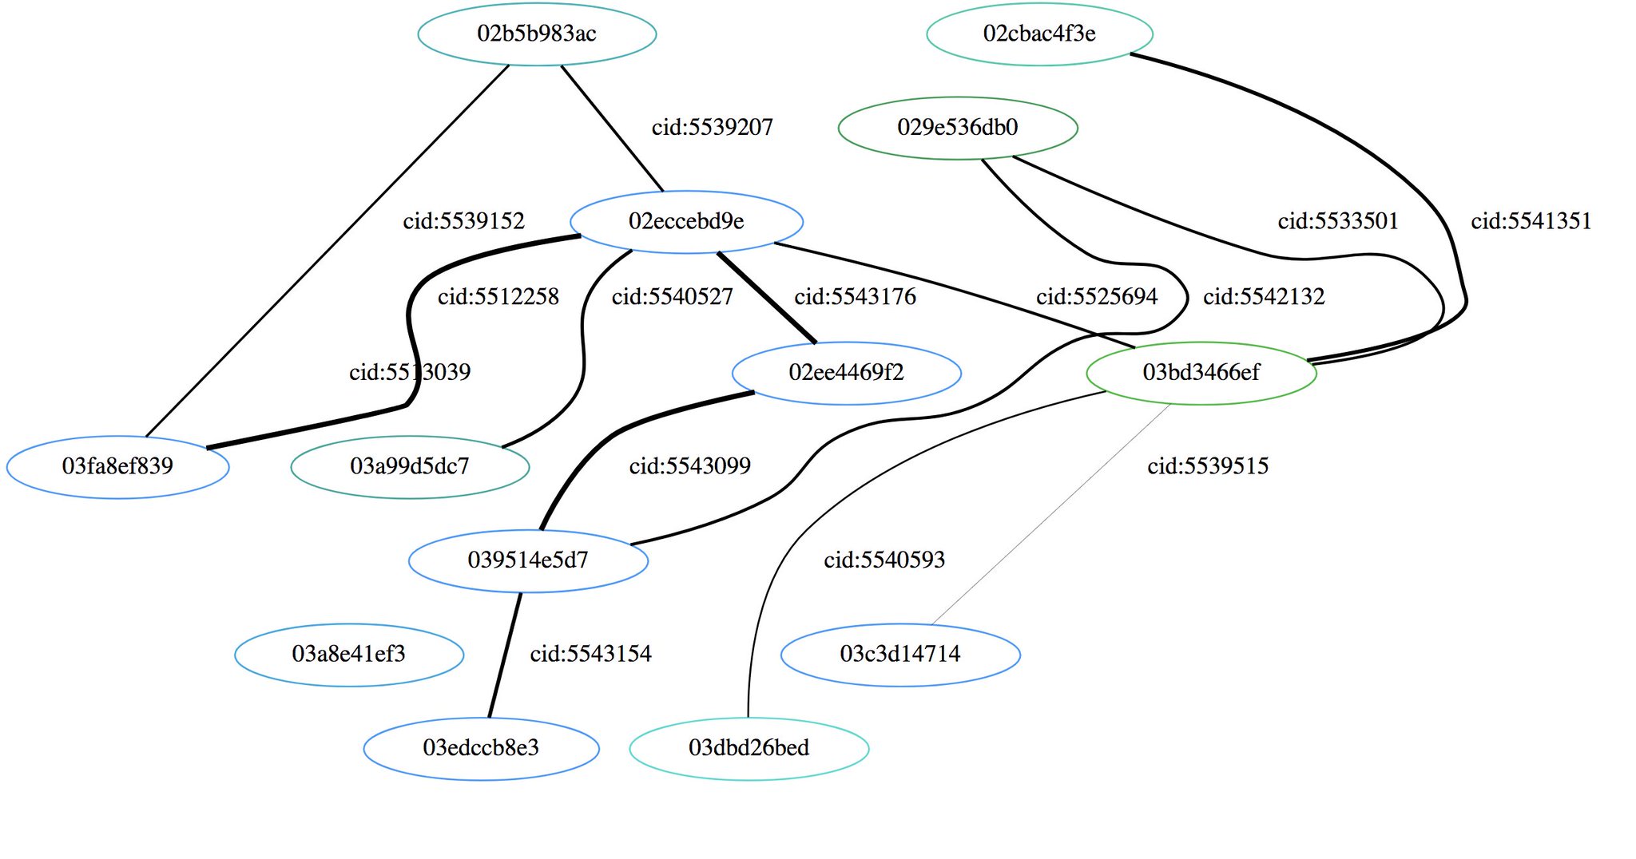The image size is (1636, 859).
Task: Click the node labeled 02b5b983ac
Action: [x=537, y=34]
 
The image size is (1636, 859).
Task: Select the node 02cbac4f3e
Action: [x=1039, y=34]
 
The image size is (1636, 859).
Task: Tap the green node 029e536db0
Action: [x=957, y=128]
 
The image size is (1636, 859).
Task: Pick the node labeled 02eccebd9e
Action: [x=686, y=221]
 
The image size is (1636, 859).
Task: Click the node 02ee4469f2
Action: [x=846, y=373]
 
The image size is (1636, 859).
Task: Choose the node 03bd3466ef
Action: [x=1201, y=373]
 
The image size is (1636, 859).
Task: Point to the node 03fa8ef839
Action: [x=117, y=466]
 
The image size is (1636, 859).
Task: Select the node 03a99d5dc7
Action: [x=410, y=466]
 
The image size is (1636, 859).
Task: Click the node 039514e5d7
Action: [x=528, y=560]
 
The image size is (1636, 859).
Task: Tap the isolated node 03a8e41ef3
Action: [x=349, y=655]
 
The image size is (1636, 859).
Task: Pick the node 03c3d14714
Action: [x=900, y=655]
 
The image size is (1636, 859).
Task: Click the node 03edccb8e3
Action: [x=481, y=748]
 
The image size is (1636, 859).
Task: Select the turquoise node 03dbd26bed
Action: [x=749, y=748]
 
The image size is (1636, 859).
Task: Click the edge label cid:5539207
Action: [x=712, y=128]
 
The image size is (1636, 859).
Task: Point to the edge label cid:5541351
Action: [x=1531, y=221]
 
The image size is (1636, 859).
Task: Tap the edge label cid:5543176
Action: [x=855, y=297]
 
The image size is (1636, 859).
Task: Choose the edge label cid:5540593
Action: [x=884, y=560]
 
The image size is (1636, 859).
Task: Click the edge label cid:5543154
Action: [x=590, y=655]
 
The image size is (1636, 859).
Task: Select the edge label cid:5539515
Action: [x=1208, y=466]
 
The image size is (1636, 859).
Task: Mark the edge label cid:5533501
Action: [x=1338, y=221]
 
